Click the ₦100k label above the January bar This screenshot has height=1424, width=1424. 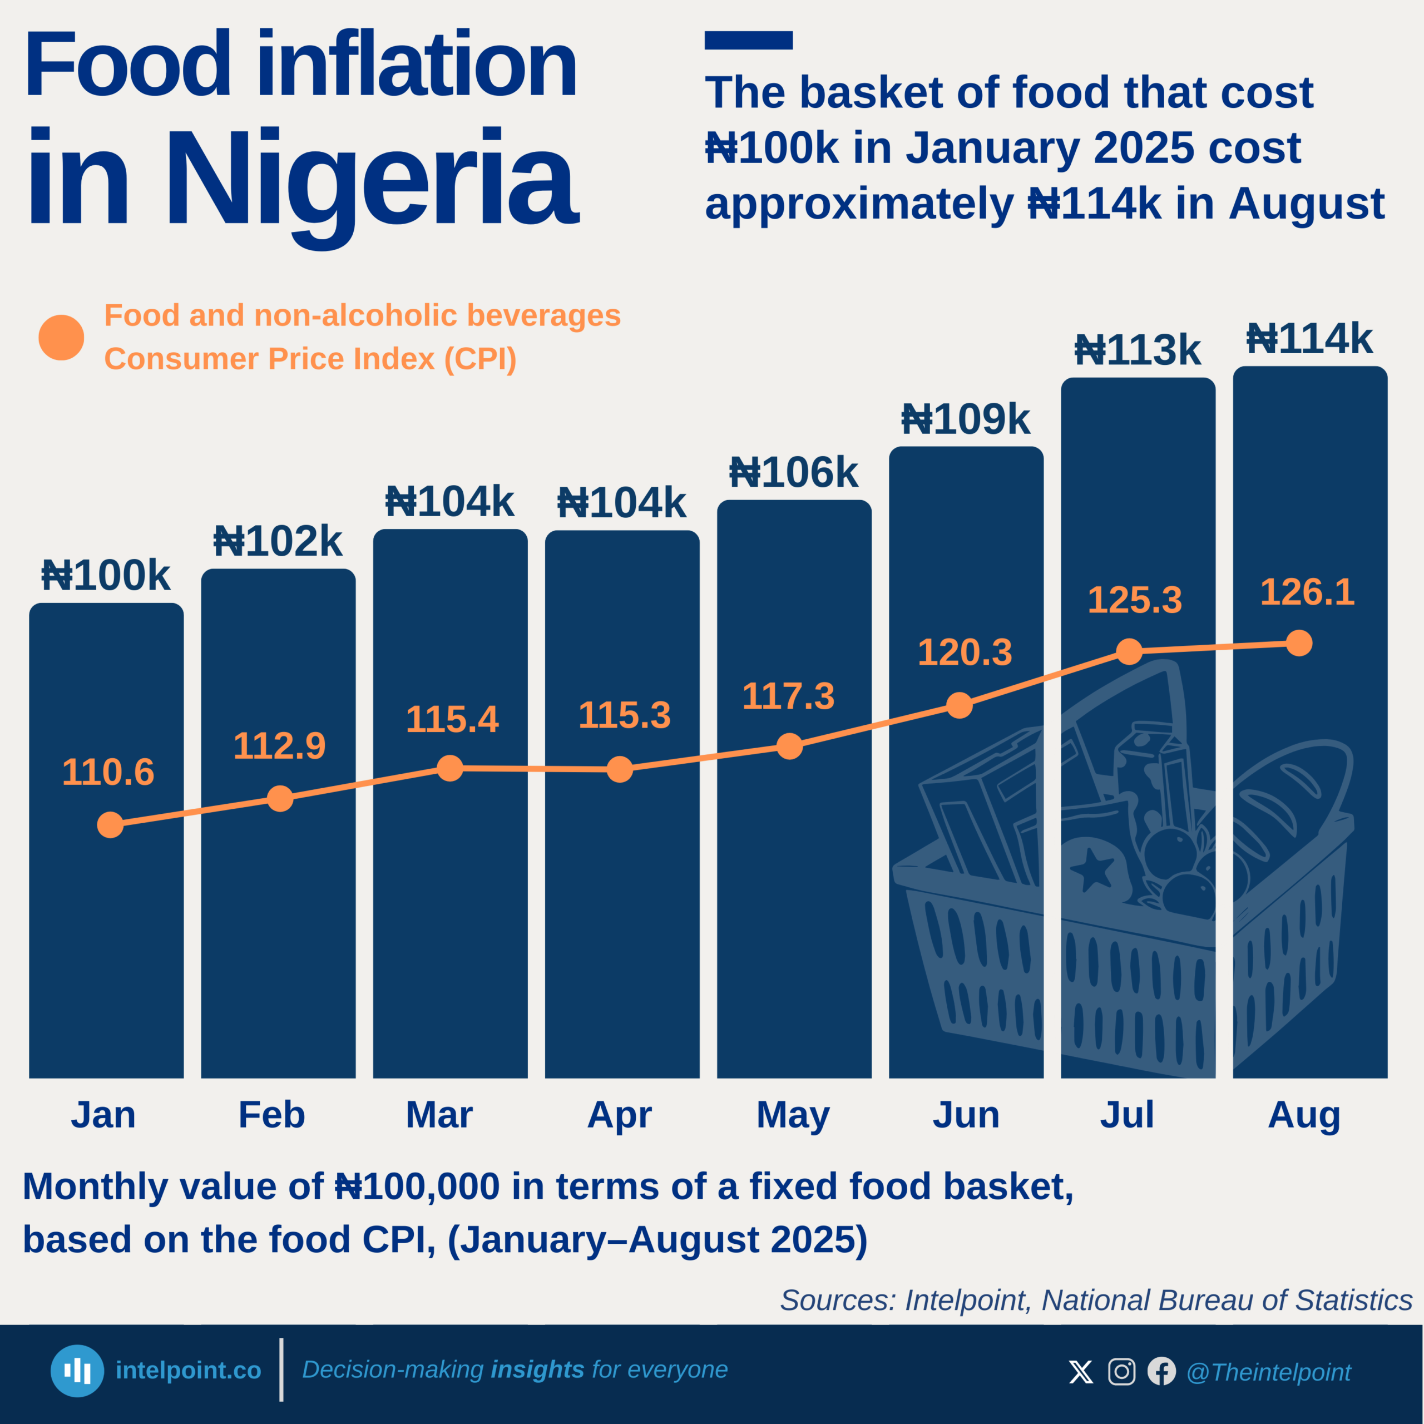point(106,576)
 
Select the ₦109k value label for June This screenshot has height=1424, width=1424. point(966,420)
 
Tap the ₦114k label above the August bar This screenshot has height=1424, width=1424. point(1309,340)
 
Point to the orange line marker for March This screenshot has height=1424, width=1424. point(449,768)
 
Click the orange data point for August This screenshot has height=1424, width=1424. point(1299,642)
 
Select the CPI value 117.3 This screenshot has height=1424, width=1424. point(788,696)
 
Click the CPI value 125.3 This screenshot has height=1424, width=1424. point(1134,600)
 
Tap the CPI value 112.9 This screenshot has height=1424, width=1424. point(279,746)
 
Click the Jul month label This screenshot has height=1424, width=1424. point(1127,1114)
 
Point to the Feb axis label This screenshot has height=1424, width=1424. point(271,1114)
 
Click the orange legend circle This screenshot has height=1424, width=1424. point(61,338)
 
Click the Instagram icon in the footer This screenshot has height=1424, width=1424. point(1121,1372)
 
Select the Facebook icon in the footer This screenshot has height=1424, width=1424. point(1161,1372)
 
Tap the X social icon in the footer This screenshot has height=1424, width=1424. point(1081,1372)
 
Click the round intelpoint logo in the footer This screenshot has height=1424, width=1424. point(77,1371)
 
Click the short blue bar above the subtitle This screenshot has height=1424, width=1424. point(748,41)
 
